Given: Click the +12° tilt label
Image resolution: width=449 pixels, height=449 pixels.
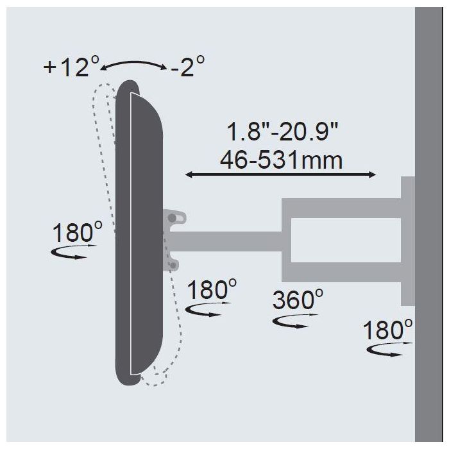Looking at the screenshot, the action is pos(72,67).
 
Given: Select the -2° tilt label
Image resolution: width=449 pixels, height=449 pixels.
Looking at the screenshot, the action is pos(187,66).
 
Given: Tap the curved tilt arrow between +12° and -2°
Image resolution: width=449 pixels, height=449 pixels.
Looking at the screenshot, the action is pos(133,63).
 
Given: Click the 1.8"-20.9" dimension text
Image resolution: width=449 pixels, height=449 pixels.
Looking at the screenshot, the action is pos(282,131).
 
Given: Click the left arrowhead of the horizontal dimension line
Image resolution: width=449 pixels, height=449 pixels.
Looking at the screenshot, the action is pos(189,174).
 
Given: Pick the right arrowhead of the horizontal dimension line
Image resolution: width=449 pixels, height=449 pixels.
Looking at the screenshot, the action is pos(372,174).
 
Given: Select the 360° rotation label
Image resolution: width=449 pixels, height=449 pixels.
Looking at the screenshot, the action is pos(298,300).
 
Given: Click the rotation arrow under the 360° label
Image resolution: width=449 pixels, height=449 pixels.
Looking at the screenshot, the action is pos(294,321).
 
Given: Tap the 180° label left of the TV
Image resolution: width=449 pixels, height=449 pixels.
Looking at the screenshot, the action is pos(78,232).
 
